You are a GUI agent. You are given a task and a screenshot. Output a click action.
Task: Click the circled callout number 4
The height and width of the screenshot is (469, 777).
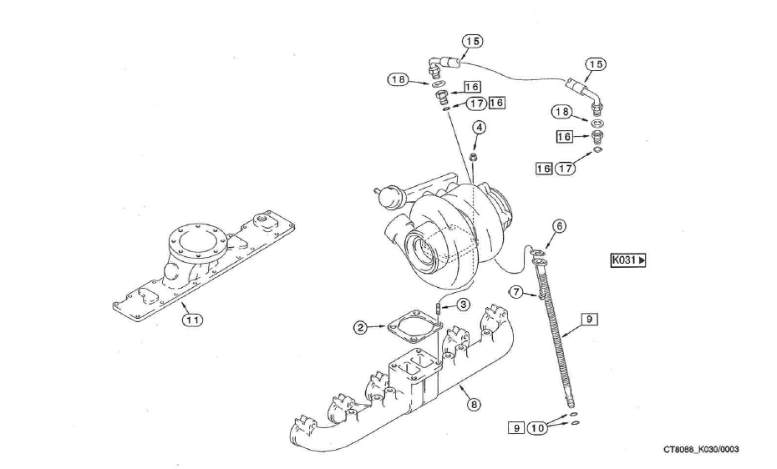click(x=480, y=128)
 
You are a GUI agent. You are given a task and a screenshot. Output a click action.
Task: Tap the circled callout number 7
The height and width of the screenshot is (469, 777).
click(x=518, y=292)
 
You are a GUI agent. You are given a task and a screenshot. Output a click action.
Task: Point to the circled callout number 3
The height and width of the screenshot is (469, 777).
click(x=462, y=305)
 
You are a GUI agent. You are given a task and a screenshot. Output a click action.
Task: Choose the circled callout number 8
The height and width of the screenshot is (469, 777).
click(x=474, y=405)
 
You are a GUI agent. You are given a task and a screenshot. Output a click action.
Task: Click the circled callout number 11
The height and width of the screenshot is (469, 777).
click(x=192, y=318)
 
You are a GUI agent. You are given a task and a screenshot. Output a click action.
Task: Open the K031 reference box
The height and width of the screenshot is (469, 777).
click(x=629, y=260)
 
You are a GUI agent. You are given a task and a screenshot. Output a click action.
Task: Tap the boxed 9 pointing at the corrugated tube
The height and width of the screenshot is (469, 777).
click(x=589, y=319)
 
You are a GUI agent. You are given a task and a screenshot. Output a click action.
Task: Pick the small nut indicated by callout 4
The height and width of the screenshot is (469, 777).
click(x=473, y=158)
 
